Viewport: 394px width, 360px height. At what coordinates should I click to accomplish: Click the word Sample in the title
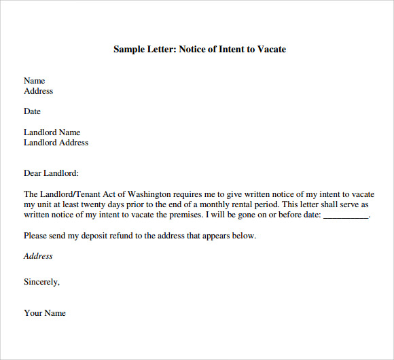128,50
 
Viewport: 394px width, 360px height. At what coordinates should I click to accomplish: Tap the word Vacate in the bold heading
272,50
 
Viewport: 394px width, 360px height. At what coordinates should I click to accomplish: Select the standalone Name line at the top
34,81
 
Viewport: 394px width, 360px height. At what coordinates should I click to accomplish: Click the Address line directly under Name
38,91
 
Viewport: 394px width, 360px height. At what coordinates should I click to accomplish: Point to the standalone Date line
32,111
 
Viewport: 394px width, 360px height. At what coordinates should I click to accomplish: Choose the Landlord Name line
52,132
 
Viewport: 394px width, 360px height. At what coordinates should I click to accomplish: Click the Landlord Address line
56,143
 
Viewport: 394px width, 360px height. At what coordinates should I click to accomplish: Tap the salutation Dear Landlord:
51,173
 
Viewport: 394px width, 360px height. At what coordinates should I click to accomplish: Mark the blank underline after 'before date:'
346,217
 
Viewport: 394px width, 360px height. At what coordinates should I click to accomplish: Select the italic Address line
38,256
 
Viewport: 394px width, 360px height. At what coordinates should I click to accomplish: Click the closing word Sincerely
41,282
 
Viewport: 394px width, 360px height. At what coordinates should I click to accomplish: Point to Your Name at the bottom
45,313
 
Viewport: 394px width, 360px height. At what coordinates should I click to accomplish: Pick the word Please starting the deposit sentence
36,236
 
